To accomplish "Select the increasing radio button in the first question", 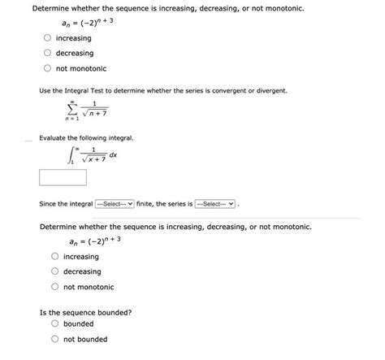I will coord(49,38).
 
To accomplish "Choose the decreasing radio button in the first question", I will coord(49,53).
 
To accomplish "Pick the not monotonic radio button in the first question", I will coord(49,68).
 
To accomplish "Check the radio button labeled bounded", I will coord(55,323).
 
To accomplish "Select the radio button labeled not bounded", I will coord(55,339).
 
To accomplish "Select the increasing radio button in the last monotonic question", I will coord(55,256).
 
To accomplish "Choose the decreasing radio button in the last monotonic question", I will coord(55,271).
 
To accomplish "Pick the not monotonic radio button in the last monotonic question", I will coord(55,287).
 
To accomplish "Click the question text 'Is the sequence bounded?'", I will coord(85,311).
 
